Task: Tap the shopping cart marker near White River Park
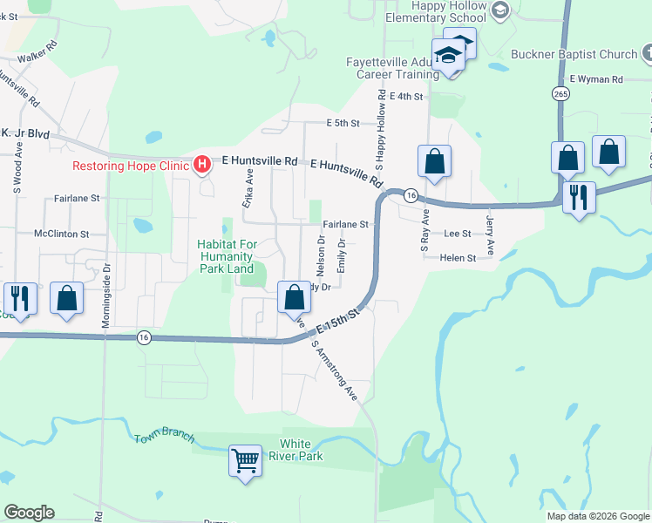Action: [245, 459]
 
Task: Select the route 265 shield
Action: [560, 93]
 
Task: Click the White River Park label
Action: [302, 450]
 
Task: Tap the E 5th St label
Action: [343, 124]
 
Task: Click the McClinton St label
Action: [62, 234]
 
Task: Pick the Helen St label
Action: [458, 258]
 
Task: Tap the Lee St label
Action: [457, 234]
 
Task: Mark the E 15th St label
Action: [338, 320]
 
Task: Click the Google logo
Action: [29, 513]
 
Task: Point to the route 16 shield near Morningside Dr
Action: [144, 337]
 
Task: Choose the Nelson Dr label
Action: [321, 250]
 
